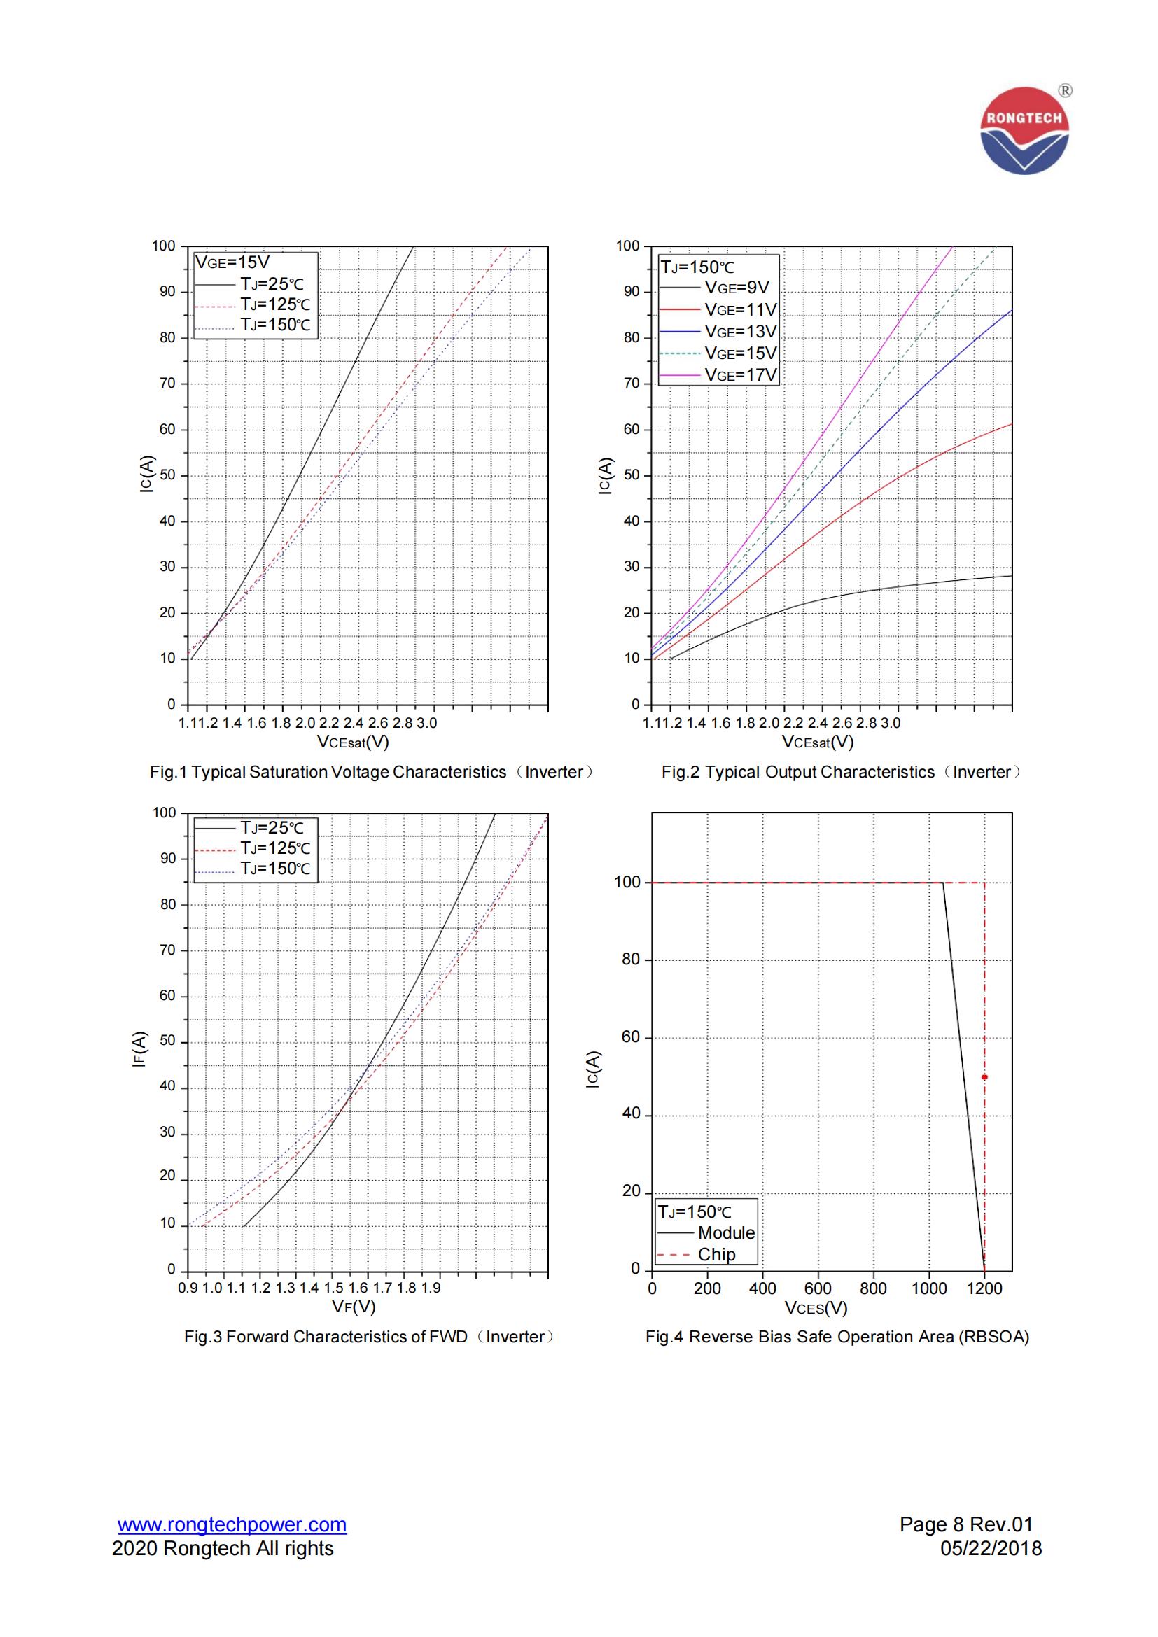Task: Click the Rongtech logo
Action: pos(1025,130)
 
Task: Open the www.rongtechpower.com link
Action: pos(232,1524)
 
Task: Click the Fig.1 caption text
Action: pos(370,772)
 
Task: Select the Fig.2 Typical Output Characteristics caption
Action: pos(842,772)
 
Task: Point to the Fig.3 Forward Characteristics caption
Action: pos(369,1337)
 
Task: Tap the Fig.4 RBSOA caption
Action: pos(837,1337)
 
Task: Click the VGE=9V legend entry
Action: pos(737,288)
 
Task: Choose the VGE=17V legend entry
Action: pos(740,375)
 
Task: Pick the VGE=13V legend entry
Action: pos(740,332)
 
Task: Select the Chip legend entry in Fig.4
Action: pos(716,1254)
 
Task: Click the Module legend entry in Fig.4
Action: pos(726,1232)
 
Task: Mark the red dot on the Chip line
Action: pos(985,1077)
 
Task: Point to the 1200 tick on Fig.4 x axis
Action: pos(984,1289)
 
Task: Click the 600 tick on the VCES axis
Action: pos(818,1289)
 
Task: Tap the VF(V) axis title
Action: pos(354,1307)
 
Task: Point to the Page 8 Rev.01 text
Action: pos(966,1524)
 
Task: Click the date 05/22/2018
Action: pos(991,1549)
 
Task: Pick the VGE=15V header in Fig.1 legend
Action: pos(232,262)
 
